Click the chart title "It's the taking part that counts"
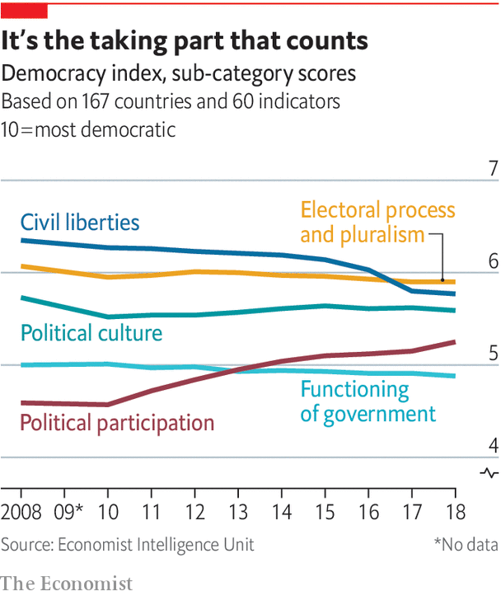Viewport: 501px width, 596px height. click(185, 42)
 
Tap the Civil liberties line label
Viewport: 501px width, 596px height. click(80, 222)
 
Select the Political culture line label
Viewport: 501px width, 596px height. click(91, 333)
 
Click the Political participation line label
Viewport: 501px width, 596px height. click(117, 423)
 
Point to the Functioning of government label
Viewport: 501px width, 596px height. click(368, 401)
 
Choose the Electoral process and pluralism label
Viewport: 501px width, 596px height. click(377, 223)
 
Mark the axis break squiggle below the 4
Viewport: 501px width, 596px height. click(489, 472)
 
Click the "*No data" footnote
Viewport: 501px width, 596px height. click(466, 544)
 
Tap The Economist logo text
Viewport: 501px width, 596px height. click(67, 583)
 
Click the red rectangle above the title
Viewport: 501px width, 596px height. click(24, 11)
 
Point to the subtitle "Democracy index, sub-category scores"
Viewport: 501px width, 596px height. click(179, 73)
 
